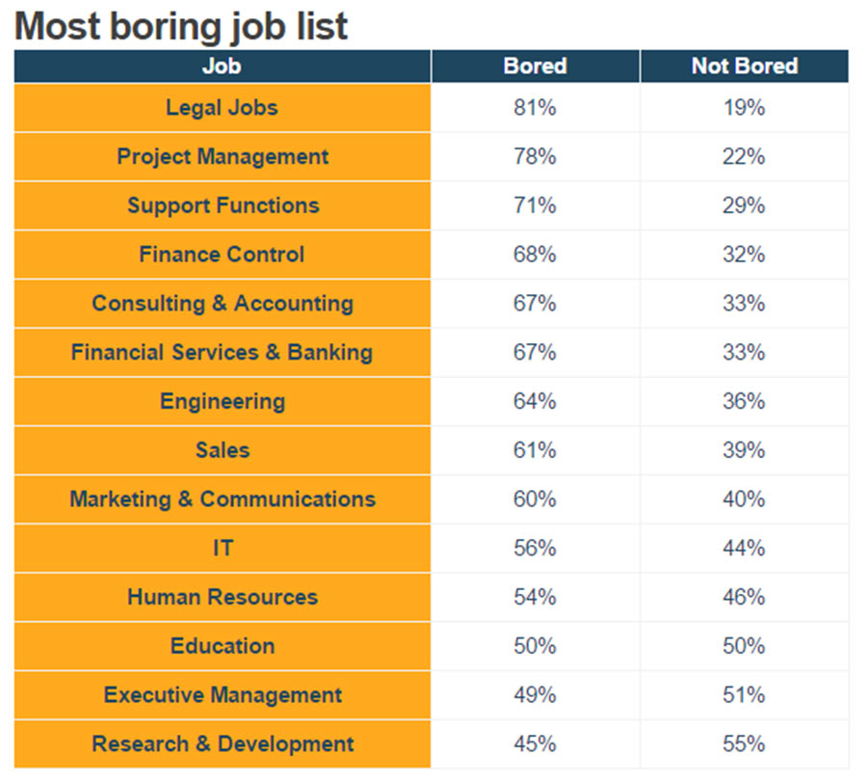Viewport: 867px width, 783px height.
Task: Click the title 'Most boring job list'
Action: click(181, 26)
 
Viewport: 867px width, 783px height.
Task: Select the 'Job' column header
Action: click(222, 67)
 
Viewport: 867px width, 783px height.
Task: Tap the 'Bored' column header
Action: click(535, 67)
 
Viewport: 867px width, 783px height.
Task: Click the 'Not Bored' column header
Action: click(744, 67)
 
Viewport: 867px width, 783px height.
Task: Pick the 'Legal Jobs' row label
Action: click(222, 107)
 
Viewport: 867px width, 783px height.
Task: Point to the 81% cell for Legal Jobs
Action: click(535, 108)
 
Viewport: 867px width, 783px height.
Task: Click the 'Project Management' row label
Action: click(223, 156)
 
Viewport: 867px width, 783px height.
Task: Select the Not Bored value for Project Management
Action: click(744, 156)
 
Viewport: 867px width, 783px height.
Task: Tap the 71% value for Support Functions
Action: click(535, 205)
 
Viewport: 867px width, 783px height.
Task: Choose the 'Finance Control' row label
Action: click(222, 255)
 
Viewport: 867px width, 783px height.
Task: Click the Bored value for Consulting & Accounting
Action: click(535, 304)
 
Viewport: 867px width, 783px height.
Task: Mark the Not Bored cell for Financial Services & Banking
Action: click(744, 352)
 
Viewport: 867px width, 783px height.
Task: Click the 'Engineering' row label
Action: click(223, 401)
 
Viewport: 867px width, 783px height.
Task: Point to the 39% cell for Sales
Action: click(744, 450)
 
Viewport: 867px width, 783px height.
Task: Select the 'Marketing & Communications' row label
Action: click(223, 499)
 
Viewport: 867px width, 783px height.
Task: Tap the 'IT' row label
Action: click(223, 548)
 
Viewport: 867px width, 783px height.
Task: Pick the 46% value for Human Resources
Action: click(744, 597)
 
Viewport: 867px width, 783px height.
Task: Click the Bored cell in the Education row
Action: click(535, 646)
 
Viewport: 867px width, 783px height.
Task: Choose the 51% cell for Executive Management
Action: click(744, 695)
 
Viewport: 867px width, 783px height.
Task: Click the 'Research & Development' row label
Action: click(223, 744)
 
